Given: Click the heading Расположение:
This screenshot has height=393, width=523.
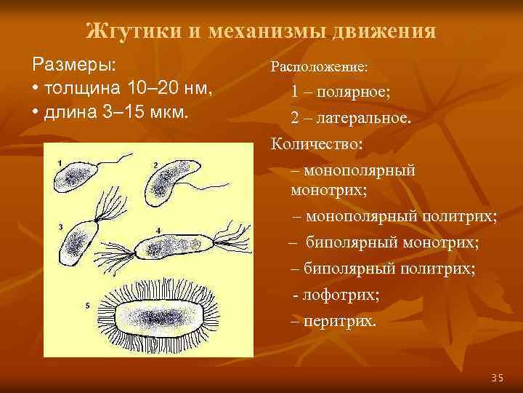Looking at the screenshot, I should pos(319,66).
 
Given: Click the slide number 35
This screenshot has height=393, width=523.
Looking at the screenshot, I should pos(497,377).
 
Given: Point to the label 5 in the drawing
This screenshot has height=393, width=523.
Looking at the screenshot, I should pos(87,306).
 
